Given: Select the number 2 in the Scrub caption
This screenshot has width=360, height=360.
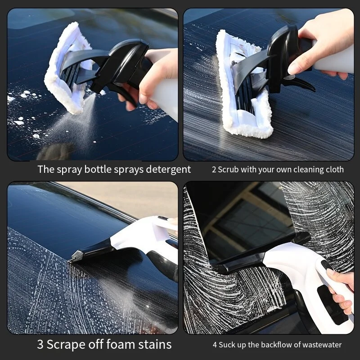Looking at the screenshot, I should [x=214, y=170].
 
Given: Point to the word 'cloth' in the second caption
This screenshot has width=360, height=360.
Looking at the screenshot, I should [x=335, y=170].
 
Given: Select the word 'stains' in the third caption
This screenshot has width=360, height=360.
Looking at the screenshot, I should [x=155, y=345].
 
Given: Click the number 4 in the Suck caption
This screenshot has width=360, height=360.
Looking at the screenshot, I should [x=215, y=345].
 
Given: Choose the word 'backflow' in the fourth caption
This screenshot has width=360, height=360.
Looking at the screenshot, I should [x=276, y=345].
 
